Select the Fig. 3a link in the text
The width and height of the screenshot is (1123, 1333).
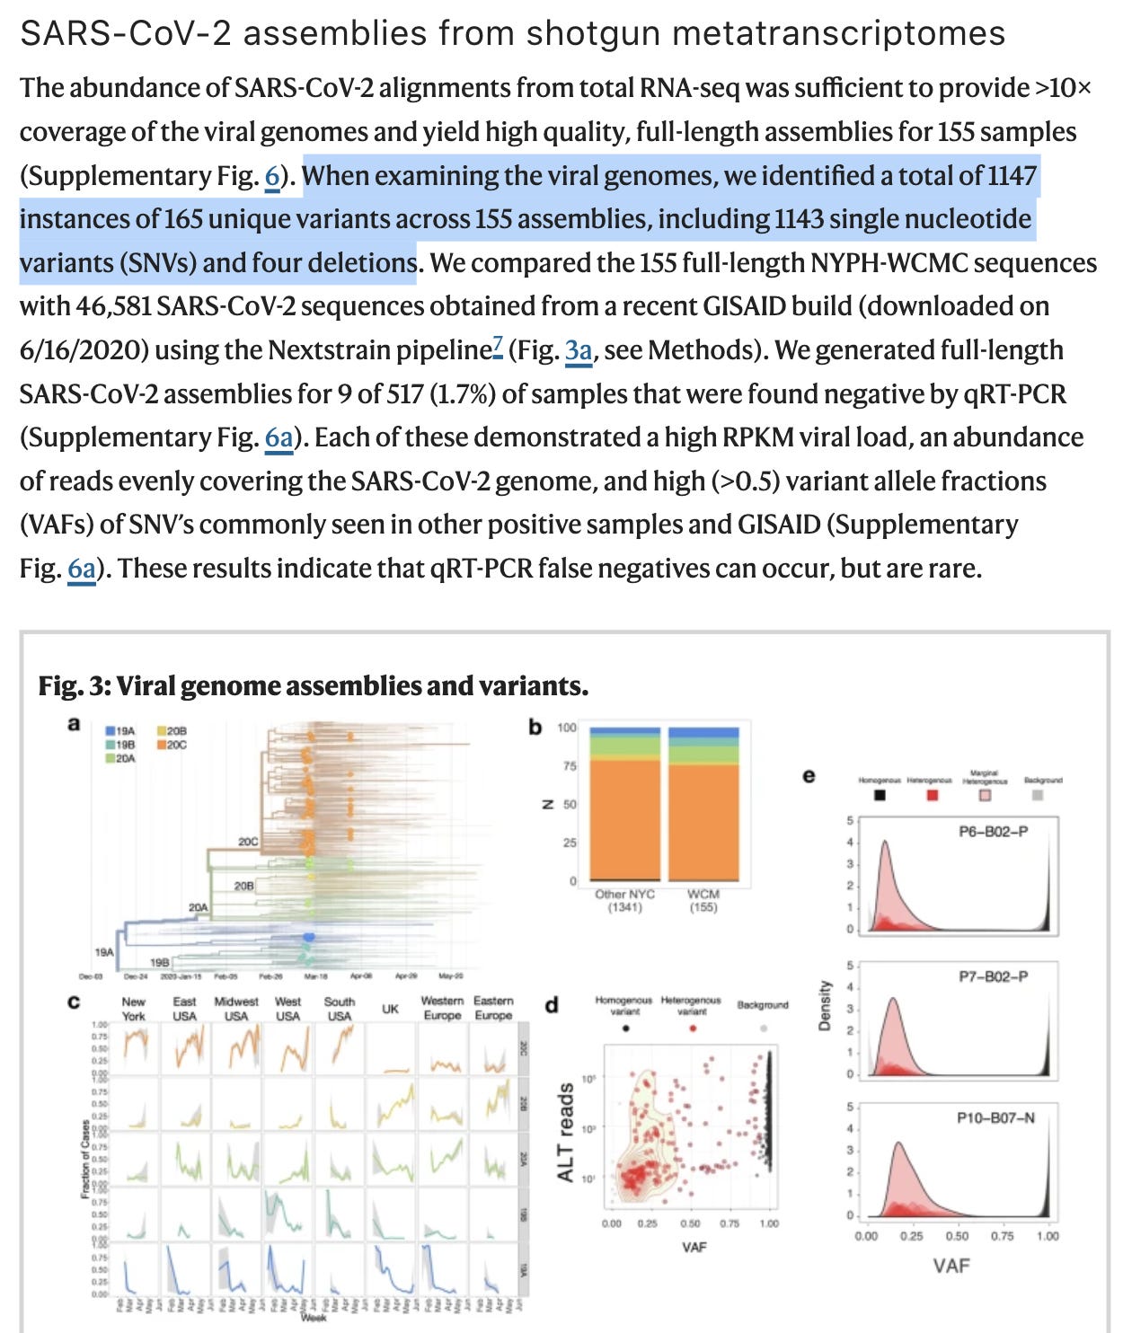pyautogui.click(x=578, y=350)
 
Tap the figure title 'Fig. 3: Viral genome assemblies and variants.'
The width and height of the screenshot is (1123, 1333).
pyautogui.click(x=313, y=686)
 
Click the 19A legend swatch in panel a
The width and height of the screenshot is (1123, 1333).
pyautogui.click(x=110, y=731)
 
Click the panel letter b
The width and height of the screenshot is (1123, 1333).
pyautogui.click(x=535, y=727)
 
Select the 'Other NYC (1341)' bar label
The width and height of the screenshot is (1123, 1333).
pyautogui.click(x=624, y=900)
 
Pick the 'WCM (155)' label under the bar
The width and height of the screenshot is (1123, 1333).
pyautogui.click(x=703, y=900)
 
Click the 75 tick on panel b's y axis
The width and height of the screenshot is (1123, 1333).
pyautogui.click(x=570, y=766)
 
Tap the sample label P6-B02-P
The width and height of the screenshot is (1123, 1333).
pyautogui.click(x=993, y=832)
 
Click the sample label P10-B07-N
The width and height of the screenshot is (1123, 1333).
pyautogui.click(x=995, y=1117)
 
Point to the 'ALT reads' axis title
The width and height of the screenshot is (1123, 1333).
pyautogui.click(x=565, y=1132)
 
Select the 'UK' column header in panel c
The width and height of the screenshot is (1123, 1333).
pyautogui.click(x=390, y=1009)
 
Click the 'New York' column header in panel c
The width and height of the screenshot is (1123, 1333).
pyautogui.click(x=133, y=1008)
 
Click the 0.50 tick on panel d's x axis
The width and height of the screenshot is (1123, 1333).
pyautogui.click(x=690, y=1223)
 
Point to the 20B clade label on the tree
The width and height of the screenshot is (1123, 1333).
pyautogui.click(x=243, y=886)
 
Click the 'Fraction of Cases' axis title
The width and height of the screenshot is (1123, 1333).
pyautogui.click(x=86, y=1159)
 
